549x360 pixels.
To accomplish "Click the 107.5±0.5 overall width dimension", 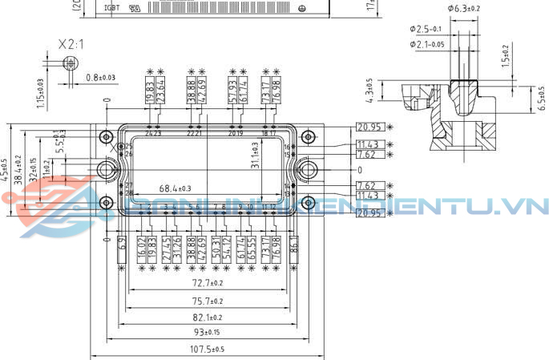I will click(x=206, y=349).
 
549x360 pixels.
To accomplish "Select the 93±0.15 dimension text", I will click(x=206, y=332).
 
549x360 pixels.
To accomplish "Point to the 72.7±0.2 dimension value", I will click(x=206, y=284).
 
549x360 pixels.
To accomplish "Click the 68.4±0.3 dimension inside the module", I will click(x=175, y=188).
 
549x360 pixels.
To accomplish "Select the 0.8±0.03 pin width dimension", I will click(x=100, y=78).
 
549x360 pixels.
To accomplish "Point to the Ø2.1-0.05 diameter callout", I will click(x=428, y=44).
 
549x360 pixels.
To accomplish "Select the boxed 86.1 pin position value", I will click(x=294, y=245).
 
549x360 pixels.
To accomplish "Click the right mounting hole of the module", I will click(x=308, y=170).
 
